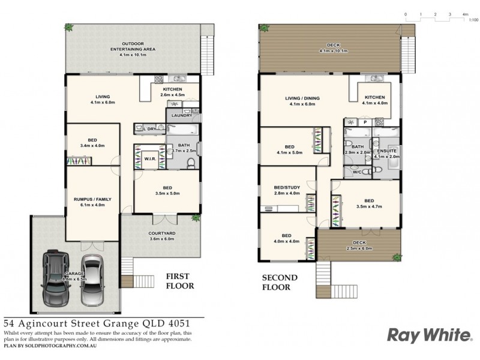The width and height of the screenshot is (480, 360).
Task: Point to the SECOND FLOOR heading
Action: point(280,283)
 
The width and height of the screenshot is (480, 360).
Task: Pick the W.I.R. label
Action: point(149,158)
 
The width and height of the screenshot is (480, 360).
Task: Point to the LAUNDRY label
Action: point(181,115)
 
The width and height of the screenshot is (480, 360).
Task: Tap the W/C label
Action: point(358,171)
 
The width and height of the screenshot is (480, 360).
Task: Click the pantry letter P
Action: point(365,122)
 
